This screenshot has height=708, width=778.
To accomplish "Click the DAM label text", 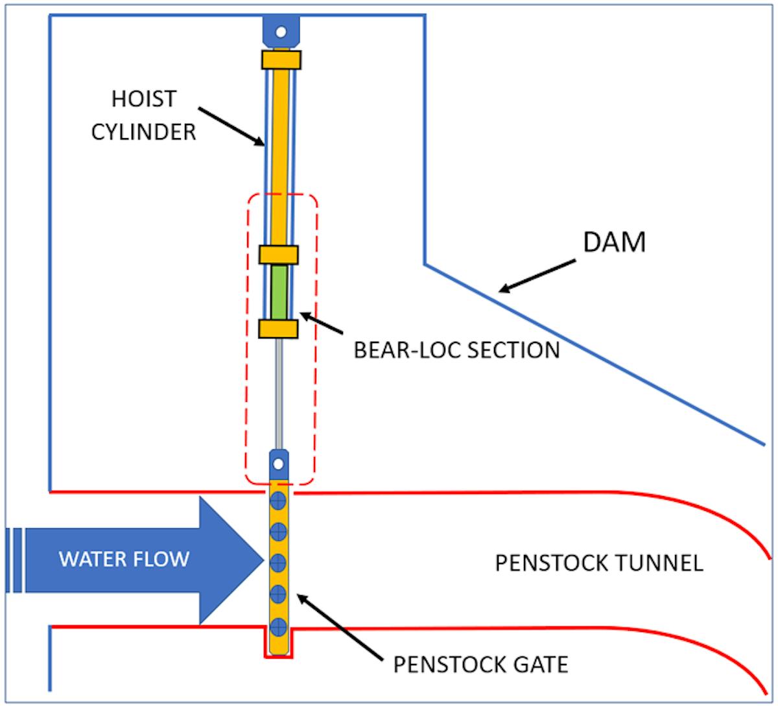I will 614,242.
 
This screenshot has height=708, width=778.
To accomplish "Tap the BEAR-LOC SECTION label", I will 456,350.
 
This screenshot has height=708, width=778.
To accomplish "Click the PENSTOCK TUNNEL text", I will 598,563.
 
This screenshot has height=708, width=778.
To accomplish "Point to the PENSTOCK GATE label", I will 480,665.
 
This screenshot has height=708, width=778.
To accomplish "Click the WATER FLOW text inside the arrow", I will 124,559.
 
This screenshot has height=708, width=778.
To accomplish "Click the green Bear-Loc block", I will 279,292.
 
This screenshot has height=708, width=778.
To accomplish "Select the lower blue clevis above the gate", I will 279,464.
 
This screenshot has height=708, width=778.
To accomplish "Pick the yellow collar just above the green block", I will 278,254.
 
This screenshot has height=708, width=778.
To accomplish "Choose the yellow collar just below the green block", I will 278,328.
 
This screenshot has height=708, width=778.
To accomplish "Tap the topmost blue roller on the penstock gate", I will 278,500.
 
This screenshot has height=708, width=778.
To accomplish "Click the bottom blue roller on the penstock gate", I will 278,626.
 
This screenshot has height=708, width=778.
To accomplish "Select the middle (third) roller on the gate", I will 278,561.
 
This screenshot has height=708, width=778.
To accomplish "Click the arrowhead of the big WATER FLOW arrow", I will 230,560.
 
